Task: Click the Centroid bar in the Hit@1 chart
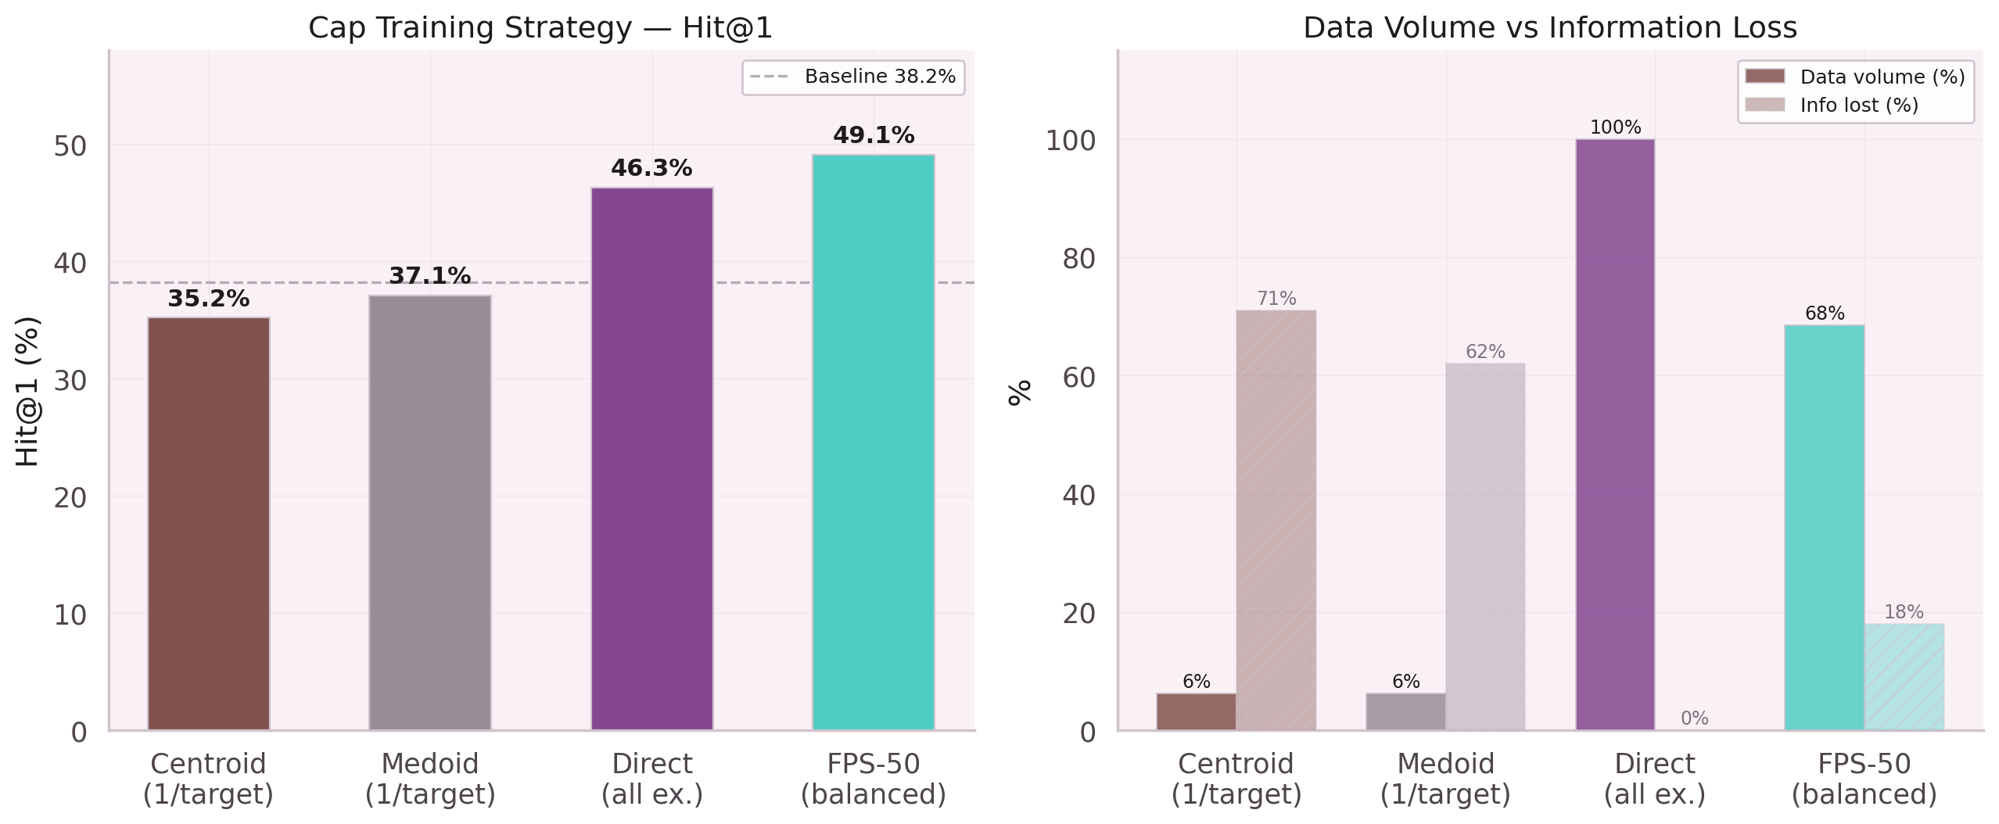click(208, 524)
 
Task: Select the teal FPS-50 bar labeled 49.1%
click(873, 442)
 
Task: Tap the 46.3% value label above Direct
click(651, 168)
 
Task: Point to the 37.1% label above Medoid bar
click(429, 276)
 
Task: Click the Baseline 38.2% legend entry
click(853, 77)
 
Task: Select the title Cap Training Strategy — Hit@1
click(540, 28)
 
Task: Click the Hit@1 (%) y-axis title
click(27, 391)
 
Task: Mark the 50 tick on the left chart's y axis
click(70, 146)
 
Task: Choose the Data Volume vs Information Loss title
click(1549, 28)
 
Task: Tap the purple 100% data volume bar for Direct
click(1614, 435)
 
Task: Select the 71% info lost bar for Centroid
click(1276, 520)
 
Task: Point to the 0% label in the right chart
click(1694, 718)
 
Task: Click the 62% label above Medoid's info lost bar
click(1484, 352)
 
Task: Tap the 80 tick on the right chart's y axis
click(1078, 259)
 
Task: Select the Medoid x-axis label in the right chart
click(1445, 779)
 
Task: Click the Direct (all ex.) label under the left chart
click(651, 779)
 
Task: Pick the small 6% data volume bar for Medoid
click(1405, 711)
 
